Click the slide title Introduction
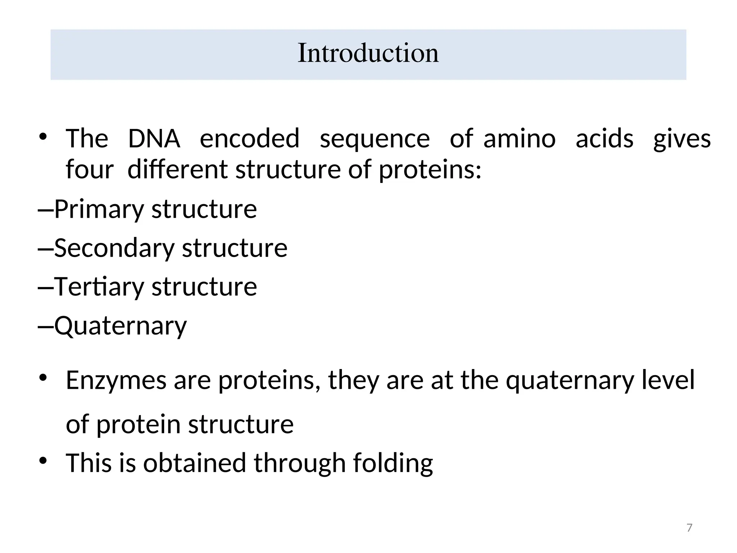pyautogui.click(x=368, y=53)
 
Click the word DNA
pyautogui.click(x=154, y=139)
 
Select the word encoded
pyautogui.click(x=249, y=139)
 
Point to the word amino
pyautogui.click(x=519, y=139)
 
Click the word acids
pyautogui.click(x=604, y=139)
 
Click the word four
pyautogui.click(x=90, y=169)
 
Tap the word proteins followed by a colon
pyautogui.click(x=430, y=170)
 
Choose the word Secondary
pyautogui.click(x=114, y=248)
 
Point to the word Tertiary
pyautogui.click(x=99, y=287)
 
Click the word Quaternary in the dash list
pyautogui.click(x=121, y=326)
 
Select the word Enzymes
pyautogui.click(x=116, y=381)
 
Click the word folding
pyautogui.click(x=393, y=464)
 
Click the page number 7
pyautogui.click(x=689, y=528)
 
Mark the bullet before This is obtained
pyautogui.click(x=43, y=461)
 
